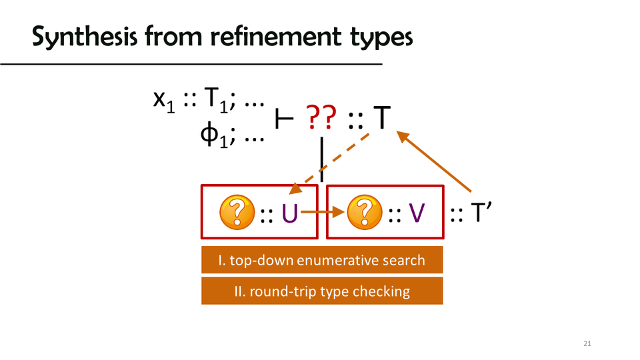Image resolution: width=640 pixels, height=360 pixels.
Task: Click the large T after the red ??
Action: point(381,119)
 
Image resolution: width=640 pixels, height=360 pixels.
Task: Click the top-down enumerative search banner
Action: point(322,260)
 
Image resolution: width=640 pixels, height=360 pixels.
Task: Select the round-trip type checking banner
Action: point(322,291)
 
